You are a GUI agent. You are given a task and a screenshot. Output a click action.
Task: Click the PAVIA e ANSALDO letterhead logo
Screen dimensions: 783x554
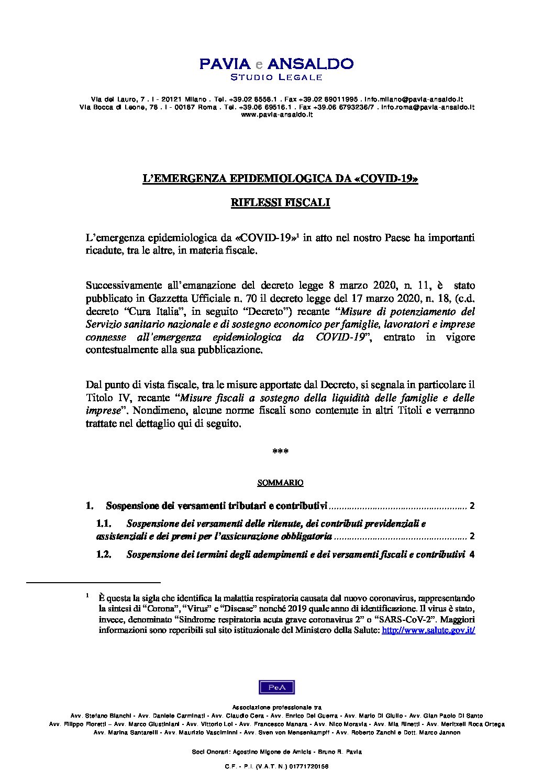point(276,64)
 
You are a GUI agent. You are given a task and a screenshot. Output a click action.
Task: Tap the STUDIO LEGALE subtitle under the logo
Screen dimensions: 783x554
point(276,77)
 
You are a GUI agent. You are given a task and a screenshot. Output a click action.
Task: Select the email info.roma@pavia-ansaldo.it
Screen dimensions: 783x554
point(428,107)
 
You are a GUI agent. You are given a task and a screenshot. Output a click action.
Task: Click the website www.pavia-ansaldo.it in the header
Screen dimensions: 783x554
point(276,114)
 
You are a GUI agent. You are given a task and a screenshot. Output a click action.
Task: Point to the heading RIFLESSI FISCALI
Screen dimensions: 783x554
point(280,203)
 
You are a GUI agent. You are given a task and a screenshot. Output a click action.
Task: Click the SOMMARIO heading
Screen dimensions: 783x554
point(280,483)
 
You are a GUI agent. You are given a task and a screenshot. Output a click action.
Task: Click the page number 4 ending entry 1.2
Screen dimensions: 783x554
point(472,555)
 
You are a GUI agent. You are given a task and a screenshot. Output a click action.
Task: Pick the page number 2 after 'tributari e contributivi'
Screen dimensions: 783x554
point(472,506)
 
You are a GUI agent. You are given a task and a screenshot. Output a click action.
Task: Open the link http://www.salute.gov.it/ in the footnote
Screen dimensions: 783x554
point(428,630)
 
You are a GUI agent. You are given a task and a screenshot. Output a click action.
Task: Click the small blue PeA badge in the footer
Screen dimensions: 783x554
point(276,687)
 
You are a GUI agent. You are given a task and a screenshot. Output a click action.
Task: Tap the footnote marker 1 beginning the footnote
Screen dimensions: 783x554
point(88,595)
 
